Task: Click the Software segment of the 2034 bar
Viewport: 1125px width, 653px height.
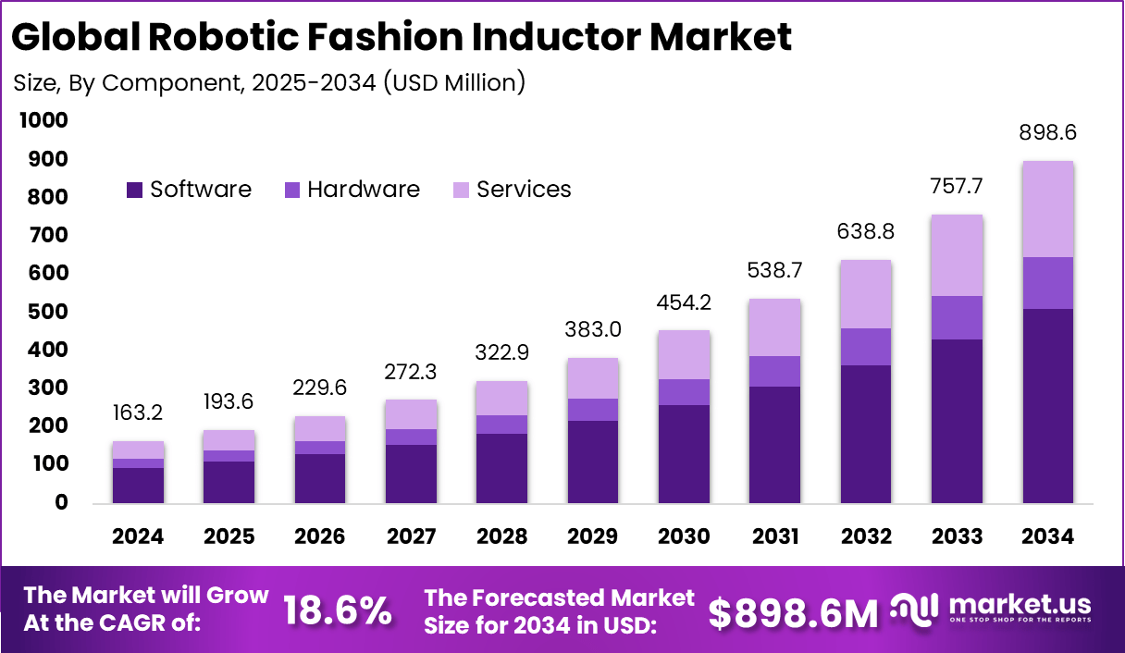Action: coord(1047,406)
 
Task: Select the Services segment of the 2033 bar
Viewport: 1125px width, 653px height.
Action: coord(957,255)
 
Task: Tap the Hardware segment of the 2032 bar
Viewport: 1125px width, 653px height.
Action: coord(866,347)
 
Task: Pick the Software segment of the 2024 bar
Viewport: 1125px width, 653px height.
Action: coord(138,486)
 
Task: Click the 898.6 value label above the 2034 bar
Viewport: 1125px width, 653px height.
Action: coord(1047,133)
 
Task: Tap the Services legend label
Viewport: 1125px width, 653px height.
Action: coord(524,190)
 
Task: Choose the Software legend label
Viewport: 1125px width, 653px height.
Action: coord(201,190)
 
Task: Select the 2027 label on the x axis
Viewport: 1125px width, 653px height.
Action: coord(411,537)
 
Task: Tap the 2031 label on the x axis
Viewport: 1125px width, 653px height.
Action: coord(775,537)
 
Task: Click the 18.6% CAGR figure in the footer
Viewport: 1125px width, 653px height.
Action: coord(337,611)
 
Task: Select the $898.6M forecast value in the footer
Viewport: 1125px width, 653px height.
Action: coord(793,612)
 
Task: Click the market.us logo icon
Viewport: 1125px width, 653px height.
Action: coord(915,609)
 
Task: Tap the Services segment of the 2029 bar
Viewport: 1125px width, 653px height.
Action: coord(593,378)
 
